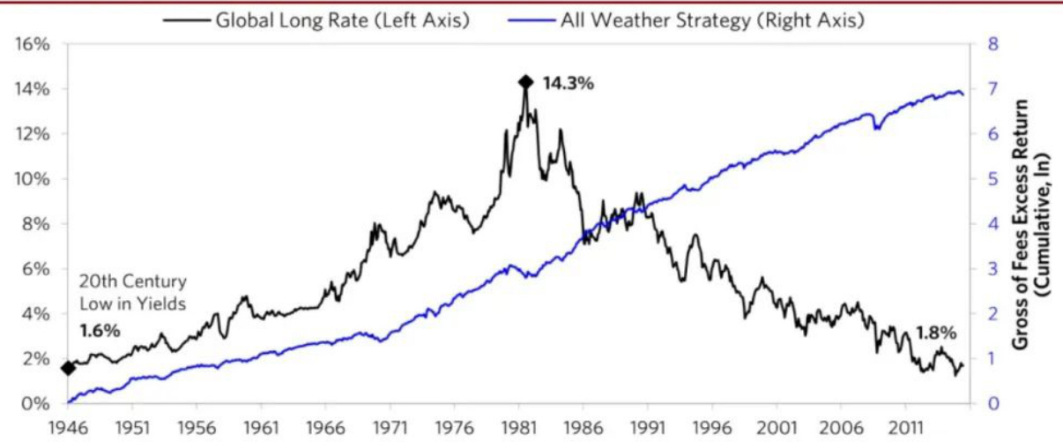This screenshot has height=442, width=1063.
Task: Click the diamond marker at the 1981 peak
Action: (x=526, y=82)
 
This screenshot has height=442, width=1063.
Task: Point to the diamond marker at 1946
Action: (x=68, y=368)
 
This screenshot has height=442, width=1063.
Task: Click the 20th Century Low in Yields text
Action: (x=132, y=294)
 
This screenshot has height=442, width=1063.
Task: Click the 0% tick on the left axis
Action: (x=36, y=404)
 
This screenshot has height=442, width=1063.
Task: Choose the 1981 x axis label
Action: (x=519, y=426)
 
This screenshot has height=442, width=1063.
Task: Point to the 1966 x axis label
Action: (x=326, y=426)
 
